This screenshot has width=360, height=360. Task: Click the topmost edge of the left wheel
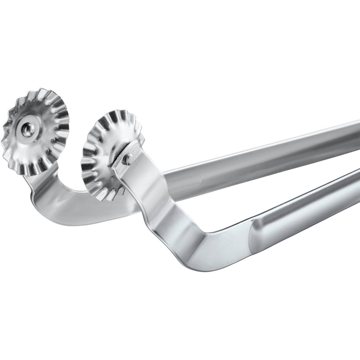pos(40,89)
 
